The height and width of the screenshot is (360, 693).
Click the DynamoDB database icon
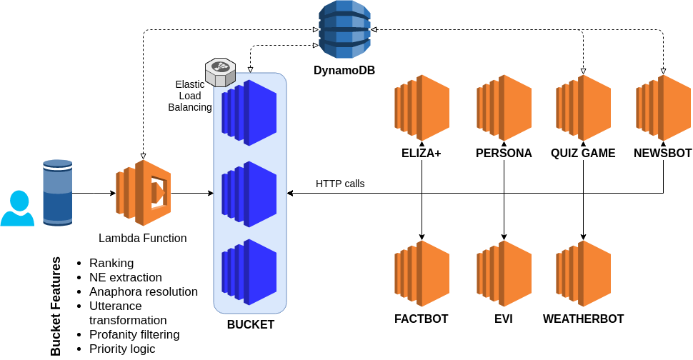[x=344, y=29]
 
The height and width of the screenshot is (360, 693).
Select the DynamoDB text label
[x=344, y=71]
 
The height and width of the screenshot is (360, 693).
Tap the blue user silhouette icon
[x=17, y=209]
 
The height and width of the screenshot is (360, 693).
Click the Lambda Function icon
[x=144, y=193]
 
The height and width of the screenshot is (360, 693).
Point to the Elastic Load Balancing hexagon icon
[x=220, y=71]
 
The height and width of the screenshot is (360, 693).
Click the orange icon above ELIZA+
[x=422, y=106]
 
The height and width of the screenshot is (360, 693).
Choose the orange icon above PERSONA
[x=504, y=106]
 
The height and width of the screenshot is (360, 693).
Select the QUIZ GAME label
[x=583, y=154]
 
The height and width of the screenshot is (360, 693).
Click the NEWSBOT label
[x=664, y=154]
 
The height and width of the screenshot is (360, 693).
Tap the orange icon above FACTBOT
[x=422, y=272]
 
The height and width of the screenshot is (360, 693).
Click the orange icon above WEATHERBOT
[x=583, y=272]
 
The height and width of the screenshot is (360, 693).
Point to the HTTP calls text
[x=340, y=184]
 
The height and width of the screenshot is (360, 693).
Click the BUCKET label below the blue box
[x=251, y=325]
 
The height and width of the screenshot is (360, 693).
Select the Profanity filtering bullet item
[x=134, y=334]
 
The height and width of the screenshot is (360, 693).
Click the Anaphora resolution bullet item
[x=143, y=291]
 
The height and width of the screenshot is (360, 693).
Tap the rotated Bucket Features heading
[x=56, y=306]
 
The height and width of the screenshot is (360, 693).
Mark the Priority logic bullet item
[x=121, y=349]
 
